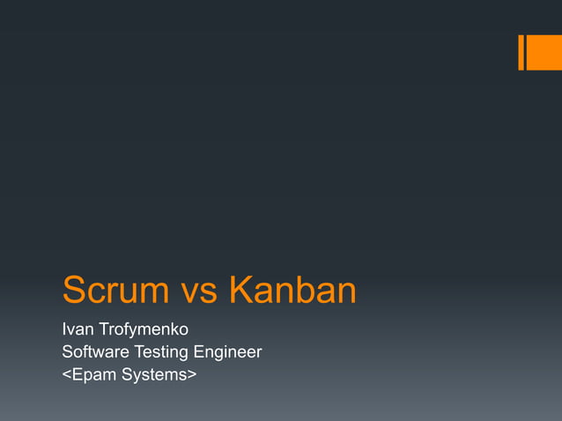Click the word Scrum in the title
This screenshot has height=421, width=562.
click(115, 292)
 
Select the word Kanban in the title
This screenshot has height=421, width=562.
click(292, 292)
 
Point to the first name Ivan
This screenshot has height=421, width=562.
click(76, 331)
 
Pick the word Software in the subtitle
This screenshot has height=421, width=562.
click(94, 352)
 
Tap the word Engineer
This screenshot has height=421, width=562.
click(228, 353)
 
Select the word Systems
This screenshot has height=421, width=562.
click(154, 375)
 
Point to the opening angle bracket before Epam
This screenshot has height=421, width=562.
click(66, 376)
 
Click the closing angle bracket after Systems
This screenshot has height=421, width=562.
click(192, 376)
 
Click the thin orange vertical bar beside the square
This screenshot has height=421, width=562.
click(521, 52)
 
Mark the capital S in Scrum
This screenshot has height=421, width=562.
click(74, 292)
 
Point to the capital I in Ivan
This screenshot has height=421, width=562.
click(63, 331)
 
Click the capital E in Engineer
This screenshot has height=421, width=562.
click(199, 352)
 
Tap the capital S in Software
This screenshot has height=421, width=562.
click(67, 352)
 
